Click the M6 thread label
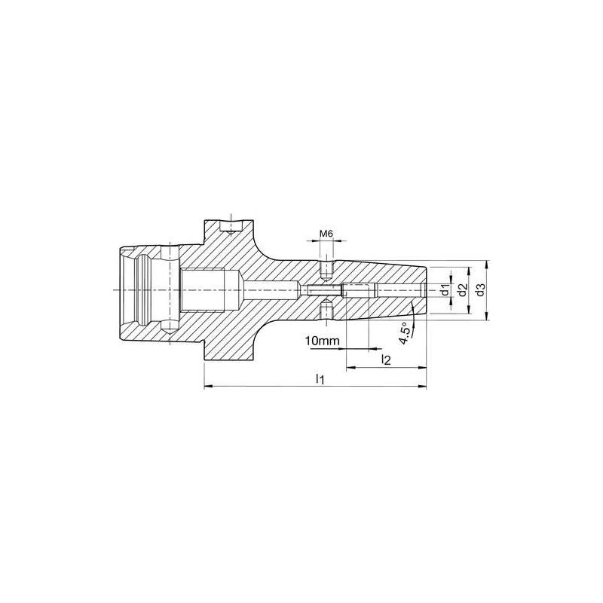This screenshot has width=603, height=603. (326, 234)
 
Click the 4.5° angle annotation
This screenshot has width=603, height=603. (406, 333)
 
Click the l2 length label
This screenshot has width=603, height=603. (385, 360)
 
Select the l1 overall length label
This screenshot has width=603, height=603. (320, 378)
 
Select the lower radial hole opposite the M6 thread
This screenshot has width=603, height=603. (326, 310)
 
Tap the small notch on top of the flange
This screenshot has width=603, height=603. (228, 224)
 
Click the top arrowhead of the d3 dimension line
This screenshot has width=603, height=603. (488, 263)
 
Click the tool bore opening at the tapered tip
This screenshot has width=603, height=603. (424, 289)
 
